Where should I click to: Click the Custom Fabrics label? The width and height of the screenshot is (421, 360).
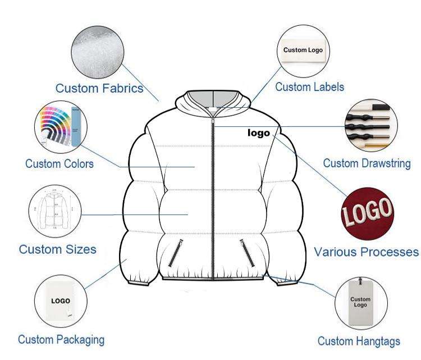pos(99,88)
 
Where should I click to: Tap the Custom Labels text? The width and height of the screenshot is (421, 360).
pos(309,87)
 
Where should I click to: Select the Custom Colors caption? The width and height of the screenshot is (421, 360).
pos(60,164)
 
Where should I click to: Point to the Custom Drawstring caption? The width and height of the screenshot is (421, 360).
pos(367,163)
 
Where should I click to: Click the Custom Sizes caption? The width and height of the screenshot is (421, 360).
pos(58,249)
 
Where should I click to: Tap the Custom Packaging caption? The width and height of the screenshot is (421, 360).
pos(61,339)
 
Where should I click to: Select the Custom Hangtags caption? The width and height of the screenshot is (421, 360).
pos(359,341)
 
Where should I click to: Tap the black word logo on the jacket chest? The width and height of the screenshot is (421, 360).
pos(259,133)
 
